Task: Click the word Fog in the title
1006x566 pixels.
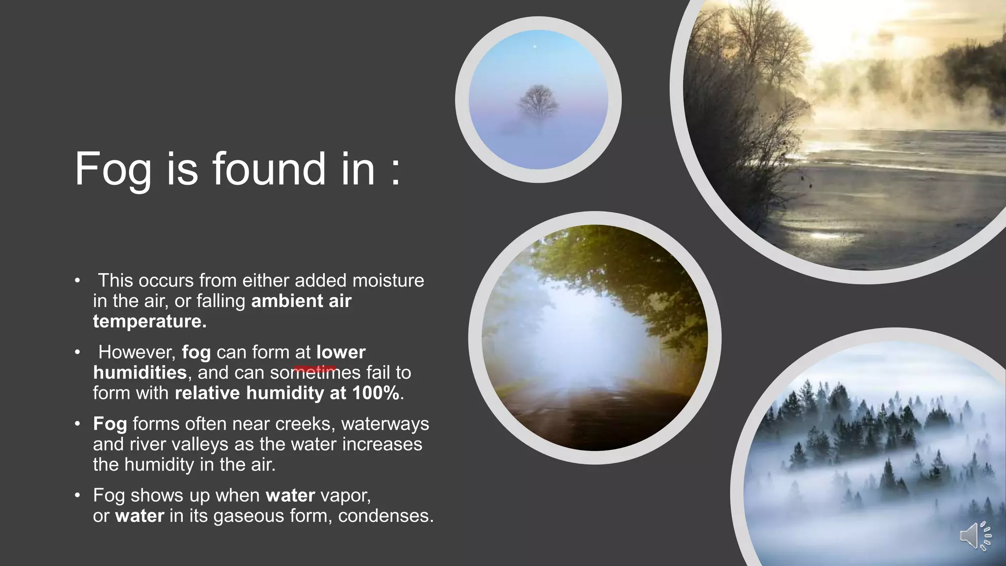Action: [113, 170]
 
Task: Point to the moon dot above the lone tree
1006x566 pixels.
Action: [535, 47]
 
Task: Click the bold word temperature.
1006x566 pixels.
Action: [149, 321]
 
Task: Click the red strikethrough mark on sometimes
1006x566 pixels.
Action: [315, 368]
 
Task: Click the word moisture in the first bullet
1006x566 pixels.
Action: [388, 281]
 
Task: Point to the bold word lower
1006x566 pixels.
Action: [341, 352]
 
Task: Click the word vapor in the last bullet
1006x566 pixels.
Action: [345, 495]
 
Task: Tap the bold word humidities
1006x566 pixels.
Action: [140, 372]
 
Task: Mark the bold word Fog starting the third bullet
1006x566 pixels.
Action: [110, 424]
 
